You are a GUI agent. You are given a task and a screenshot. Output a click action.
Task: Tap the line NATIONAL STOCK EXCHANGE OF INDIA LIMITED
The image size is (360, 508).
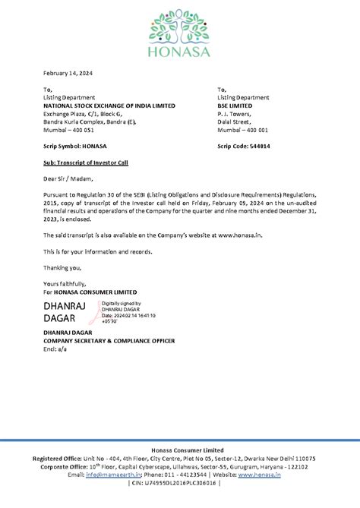tap(109, 106)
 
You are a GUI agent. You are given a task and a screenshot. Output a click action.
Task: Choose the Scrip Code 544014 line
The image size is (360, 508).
tap(244, 146)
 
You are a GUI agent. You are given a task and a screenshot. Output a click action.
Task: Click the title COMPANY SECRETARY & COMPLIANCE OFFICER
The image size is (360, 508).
tap(109, 341)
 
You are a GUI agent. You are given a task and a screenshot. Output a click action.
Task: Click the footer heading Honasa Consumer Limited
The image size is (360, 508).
tap(180, 451)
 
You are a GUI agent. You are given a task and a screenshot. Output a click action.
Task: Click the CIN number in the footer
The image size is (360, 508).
tap(179, 483)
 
